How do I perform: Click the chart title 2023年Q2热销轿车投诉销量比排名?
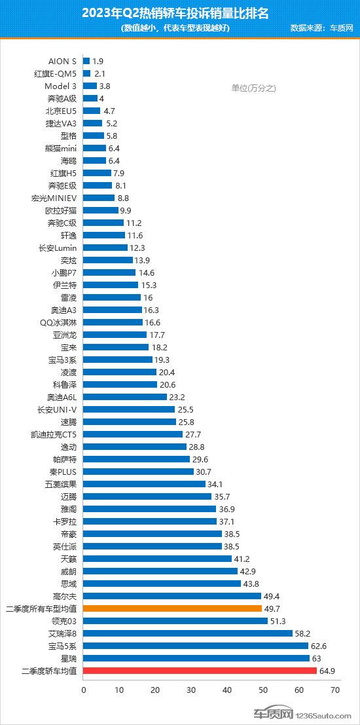click(x=179, y=12)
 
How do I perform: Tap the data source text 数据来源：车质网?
click(x=322, y=28)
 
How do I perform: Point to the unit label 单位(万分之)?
click(x=255, y=88)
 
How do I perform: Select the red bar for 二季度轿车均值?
click(x=200, y=670)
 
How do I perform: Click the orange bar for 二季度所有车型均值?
click(x=172, y=608)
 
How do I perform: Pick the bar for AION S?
click(x=86, y=61)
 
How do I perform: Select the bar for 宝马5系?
click(x=196, y=645)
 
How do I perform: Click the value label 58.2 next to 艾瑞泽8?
click(x=303, y=633)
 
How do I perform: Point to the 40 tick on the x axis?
click(x=227, y=690)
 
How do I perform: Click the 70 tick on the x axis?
click(x=335, y=690)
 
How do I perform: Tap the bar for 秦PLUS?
click(x=138, y=471)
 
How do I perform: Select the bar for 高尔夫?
click(x=172, y=595)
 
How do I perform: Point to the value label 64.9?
click(x=327, y=670)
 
